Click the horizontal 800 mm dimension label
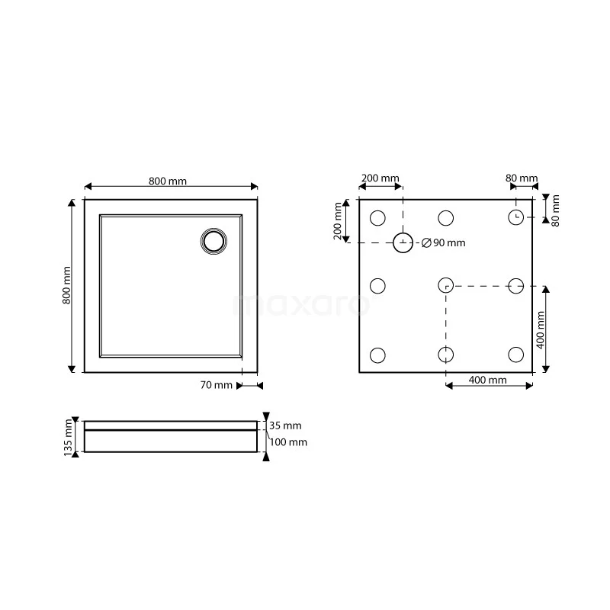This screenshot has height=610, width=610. point(168,181)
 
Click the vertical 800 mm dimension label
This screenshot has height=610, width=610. point(67,285)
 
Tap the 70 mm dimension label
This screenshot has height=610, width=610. point(217,385)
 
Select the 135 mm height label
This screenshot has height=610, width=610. point(68,437)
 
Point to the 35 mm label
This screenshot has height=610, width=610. point(285,425)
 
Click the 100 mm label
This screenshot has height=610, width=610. point(288,442)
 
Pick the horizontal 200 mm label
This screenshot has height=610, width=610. point(380,178)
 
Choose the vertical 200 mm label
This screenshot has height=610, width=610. point(338,221)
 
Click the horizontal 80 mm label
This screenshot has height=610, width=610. point(522,178)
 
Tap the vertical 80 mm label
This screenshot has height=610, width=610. point(556,210)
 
